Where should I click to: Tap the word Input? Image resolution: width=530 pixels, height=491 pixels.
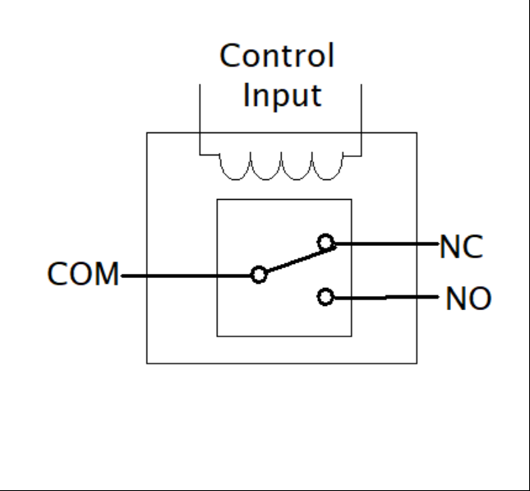(280, 95)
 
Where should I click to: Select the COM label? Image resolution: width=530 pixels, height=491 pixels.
(81, 275)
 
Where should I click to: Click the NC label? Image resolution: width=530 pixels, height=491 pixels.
(462, 246)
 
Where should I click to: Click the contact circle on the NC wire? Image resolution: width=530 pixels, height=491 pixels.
(327, 243)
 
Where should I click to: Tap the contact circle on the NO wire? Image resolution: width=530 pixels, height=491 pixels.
(327, 297)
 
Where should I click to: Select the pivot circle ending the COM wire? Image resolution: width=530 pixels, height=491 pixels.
(259, 275)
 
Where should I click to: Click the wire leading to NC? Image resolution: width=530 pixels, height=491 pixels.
(386, 243)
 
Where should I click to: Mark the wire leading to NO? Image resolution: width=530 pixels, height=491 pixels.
(386, 297)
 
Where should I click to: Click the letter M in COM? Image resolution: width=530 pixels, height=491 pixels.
(104, 275)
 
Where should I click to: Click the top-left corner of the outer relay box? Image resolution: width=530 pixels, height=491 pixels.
(147, 132)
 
